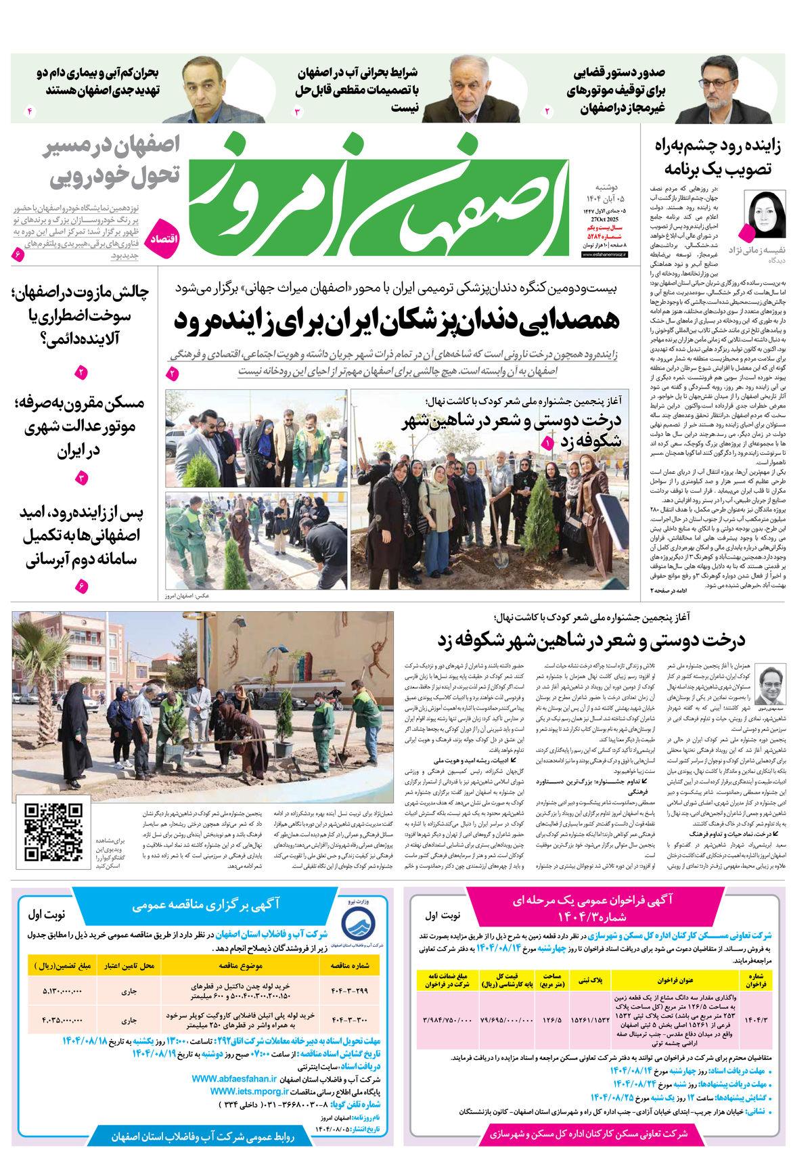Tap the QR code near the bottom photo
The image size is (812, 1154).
(54, 833)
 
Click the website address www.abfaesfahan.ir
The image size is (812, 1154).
(234, 1079)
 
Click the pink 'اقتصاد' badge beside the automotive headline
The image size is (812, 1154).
(163, 238)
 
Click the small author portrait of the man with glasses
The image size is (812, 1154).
(771, 684)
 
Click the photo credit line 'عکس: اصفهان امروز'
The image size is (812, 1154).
(187, 596)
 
